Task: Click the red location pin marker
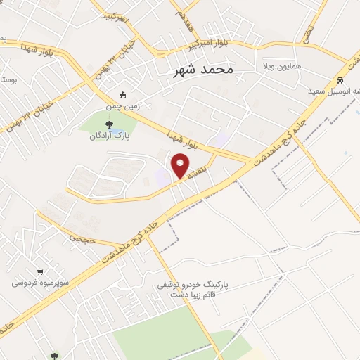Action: point(181,165)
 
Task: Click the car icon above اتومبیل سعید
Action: point(340,80)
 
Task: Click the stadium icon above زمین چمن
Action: point(124,95)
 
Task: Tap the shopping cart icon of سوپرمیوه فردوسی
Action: point(40,273)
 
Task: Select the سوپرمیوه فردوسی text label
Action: point(40,283)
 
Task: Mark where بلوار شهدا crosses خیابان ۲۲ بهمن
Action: point(98,83)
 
